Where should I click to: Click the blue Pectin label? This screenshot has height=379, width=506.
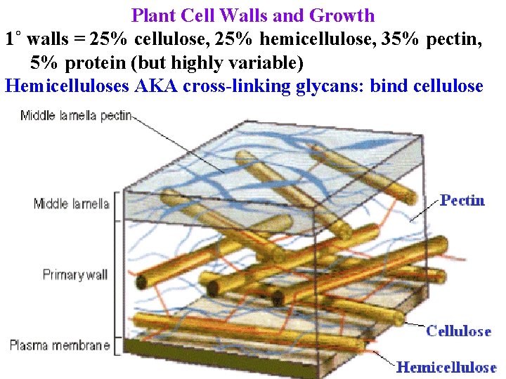462,201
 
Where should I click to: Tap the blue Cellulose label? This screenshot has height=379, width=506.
458,331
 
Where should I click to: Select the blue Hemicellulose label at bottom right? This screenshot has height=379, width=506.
446,367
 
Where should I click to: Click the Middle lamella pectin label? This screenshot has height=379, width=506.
76,116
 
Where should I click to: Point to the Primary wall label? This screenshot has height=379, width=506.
75,274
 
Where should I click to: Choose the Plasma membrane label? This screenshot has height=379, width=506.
60,345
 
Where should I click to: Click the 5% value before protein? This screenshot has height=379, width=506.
45,63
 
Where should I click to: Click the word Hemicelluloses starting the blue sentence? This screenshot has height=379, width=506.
63,87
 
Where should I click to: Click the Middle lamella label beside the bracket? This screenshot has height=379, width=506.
72,204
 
